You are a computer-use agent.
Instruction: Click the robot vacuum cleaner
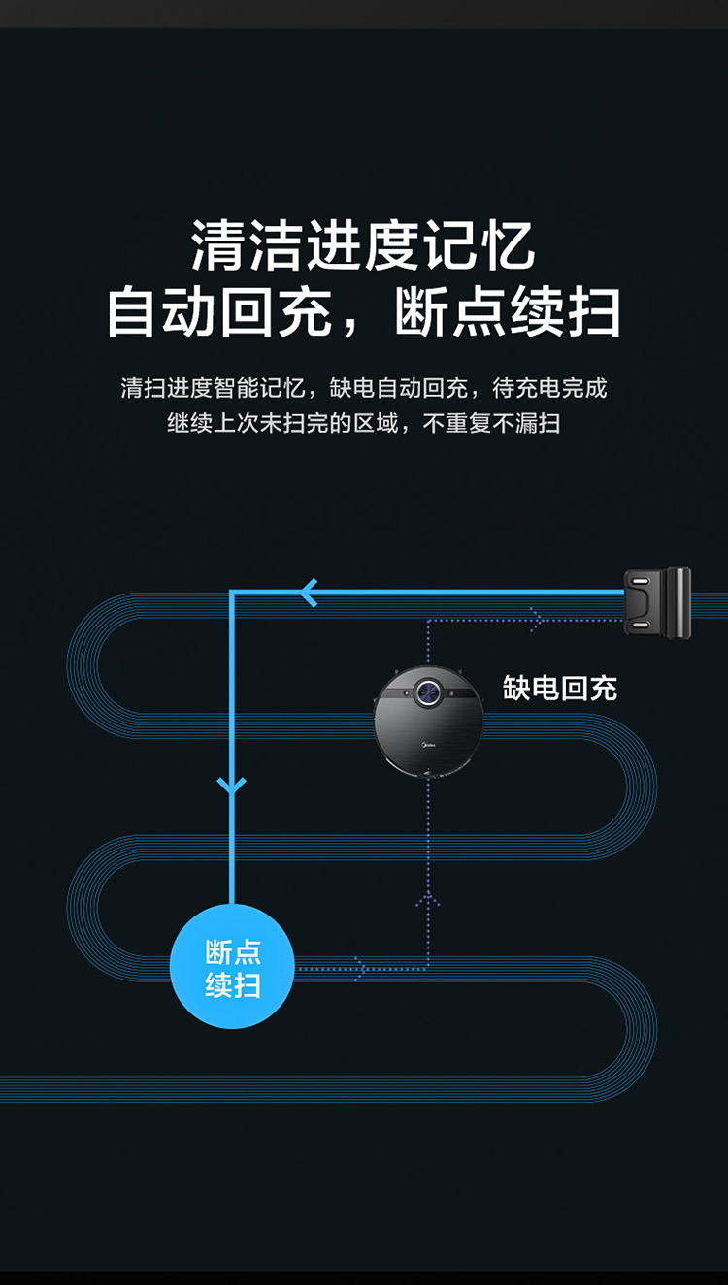click(428, 722)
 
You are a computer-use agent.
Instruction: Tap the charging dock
click(657, 602)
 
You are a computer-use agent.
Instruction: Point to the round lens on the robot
click(428, 691)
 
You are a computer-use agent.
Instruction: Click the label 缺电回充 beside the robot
click(559, 689)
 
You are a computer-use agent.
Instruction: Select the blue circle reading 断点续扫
click(232, 966)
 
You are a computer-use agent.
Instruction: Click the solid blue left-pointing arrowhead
click(309, 592)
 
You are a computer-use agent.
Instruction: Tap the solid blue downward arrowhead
click(232, 783)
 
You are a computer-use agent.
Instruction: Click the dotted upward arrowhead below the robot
click(428, 900)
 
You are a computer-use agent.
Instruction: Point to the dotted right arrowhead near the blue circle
click(361, 968)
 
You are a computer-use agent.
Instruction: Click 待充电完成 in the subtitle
click(549, 389)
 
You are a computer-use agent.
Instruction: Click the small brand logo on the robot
click(428, 748)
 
